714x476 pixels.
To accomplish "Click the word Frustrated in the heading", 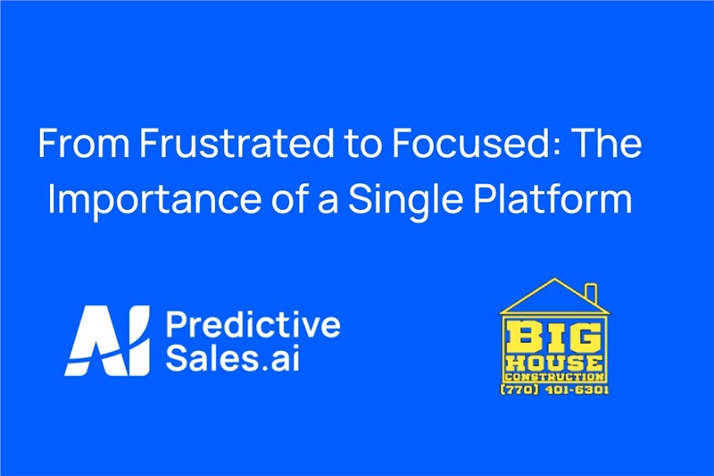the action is tap(237, 143).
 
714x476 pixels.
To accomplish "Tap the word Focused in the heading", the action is tap(469, 143).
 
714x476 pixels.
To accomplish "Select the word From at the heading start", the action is tap(85, 143).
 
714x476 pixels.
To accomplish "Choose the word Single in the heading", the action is tap(406, 199).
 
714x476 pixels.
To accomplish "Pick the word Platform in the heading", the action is tap(553, 198).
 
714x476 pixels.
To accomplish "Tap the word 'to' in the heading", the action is tap(363, 144).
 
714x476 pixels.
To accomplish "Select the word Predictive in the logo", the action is tap(253, 325).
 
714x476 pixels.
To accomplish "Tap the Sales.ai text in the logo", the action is tap(233, 358).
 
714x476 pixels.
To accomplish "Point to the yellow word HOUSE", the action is tap(553, 363).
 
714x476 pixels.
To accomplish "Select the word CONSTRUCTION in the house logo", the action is tap(553, 377).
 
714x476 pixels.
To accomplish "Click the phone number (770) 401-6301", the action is tap(554, 390).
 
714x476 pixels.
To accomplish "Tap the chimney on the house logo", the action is tap(591, 293).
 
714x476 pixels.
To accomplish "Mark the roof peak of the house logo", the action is tap(554, 279).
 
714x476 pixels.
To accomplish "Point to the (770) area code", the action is tap(519, 390).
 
